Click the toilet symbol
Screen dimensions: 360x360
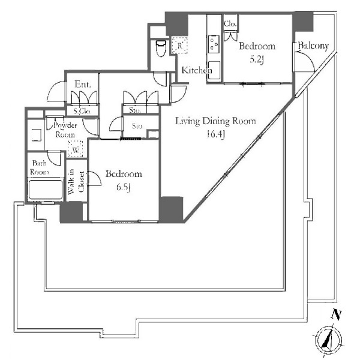coord(161,48)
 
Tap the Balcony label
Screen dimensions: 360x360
coord(313,46)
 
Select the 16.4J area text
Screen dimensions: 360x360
coord(215,134)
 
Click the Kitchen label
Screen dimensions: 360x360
coord(197,70)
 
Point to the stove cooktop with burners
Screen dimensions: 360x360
coord(214,44)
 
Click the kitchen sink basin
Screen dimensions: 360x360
coord(214,70)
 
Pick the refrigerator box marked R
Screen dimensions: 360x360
coord(179,46)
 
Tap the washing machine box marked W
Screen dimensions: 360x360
coord(75,149)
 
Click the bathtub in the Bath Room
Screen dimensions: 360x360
coord(46,190)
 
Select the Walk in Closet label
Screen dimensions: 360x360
coord(77,181)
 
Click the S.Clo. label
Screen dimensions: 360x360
coord(82,112)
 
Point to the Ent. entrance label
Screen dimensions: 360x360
coord(83,84)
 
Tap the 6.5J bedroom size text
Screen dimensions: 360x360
coord(124,187)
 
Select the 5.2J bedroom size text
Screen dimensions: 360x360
coord(257,59)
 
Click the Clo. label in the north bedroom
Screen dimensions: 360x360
coord(230,23)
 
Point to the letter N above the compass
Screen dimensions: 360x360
coord(336,314)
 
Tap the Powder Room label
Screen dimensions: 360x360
coord(65,130)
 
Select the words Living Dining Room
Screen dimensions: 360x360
coord(215,121)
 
